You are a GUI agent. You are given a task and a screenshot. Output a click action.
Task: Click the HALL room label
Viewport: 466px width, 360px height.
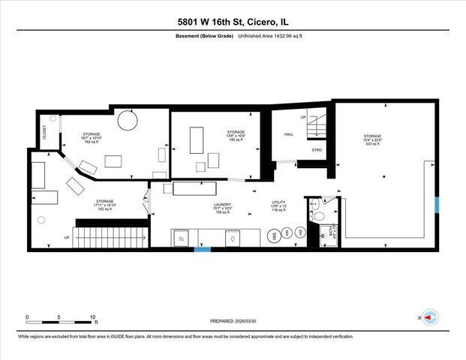click(x=287, y=135)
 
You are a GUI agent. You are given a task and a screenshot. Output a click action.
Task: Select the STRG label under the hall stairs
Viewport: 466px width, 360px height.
click(x=316, y=150)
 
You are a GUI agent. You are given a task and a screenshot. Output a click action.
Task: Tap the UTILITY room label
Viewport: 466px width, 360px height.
click(x=279, y=202)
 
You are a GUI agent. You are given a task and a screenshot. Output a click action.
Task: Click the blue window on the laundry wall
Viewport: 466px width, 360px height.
click(x=203, y=250)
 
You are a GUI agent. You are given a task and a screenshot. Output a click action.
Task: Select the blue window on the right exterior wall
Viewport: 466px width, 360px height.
click(x=438, y=203)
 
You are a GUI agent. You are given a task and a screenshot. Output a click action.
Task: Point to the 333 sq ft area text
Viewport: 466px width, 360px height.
click(x=373, y=142)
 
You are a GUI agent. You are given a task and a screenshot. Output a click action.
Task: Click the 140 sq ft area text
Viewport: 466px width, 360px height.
click(x=236, y=140)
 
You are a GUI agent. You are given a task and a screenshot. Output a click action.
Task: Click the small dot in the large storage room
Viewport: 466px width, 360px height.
click(x=383, y=177)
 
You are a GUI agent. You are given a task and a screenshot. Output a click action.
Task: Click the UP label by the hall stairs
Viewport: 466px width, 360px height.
click(x=303, y=118)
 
